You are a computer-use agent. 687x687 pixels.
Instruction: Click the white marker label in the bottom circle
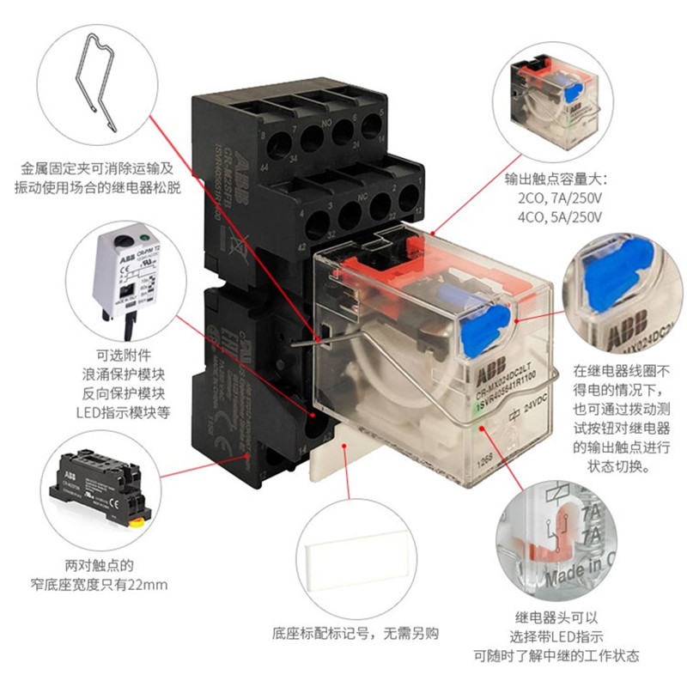(x=353, y=556)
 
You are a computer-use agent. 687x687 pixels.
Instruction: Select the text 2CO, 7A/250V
(x=556, y=199)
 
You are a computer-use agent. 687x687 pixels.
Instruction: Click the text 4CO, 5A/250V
(x=556, y=218)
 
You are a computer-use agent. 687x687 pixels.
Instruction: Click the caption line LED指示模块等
(x=126, y=412)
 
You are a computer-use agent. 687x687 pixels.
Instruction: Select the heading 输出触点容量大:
(x=555, y=180)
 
